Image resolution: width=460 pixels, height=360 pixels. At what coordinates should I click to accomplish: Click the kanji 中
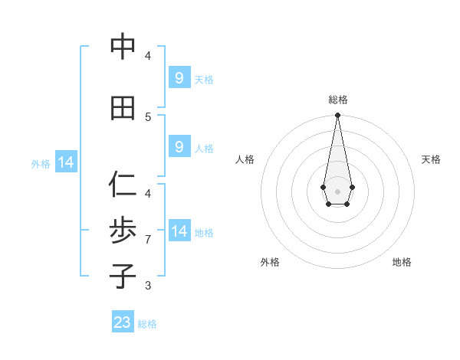coord(123,47)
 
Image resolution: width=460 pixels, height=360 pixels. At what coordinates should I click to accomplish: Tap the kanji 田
coord(123,108)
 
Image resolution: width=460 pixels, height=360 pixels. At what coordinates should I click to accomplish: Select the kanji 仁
coord(123,185)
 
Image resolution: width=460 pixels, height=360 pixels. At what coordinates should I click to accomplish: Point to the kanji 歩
coord(123,231)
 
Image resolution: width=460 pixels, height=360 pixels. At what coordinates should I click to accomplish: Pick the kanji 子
coord(123,277)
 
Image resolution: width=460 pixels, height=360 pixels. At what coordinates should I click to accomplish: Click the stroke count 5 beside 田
coord(148,116)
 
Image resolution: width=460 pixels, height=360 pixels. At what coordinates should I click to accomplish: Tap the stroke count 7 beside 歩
coord(148,240)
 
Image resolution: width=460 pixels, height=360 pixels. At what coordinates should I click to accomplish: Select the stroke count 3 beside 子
coord(148,286)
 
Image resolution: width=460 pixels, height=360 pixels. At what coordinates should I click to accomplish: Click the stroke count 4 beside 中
coord(148,56)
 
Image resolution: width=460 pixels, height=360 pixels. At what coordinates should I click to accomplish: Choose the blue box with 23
coord(123,322)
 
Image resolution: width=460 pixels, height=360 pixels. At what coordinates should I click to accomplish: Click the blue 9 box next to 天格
coord(179,78)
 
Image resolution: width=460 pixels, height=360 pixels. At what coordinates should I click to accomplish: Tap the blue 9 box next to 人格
coord(179,147)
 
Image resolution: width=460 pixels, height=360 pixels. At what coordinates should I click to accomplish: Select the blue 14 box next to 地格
coord(179,231)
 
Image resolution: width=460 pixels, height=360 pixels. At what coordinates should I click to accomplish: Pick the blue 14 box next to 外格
coord(65,162)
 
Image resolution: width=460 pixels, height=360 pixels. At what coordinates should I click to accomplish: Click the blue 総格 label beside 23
coord(147,324)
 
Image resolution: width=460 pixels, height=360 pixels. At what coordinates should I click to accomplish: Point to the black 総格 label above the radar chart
coord(337,100)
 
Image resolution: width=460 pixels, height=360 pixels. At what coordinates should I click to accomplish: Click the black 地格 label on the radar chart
coord(402,262)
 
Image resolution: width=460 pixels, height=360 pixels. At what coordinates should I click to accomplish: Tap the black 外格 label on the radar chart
coord(270,262)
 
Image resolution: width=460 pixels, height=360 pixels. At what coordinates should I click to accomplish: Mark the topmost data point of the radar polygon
coord(337,116)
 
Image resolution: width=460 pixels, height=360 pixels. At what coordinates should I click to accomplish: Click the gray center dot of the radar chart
coord(337,190)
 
